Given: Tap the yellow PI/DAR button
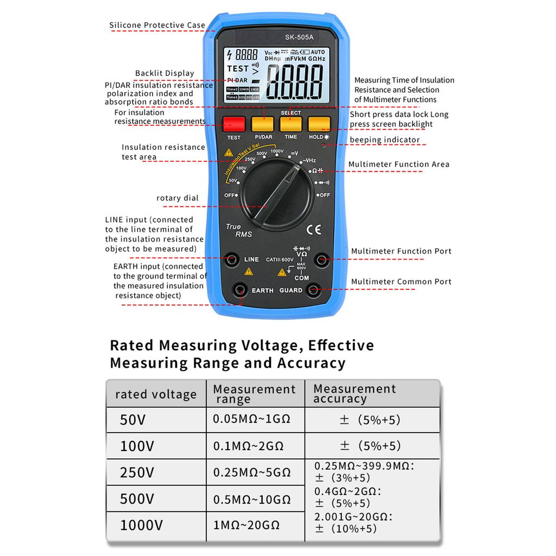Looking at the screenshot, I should pos(263,124).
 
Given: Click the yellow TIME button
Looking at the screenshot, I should pos(291,124).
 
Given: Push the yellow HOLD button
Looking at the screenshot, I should pos(319,124).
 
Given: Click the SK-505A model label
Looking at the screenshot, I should pos(300,37).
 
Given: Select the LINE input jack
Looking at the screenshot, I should pos(232,259).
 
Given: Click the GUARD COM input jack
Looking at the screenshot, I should pos(313,290).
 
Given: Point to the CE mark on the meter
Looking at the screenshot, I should pos(313,229).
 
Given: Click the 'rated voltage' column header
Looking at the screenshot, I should pos(156,394).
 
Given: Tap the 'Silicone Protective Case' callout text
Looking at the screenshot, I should pos(157,25).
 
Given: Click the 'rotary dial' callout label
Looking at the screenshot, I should pos(178,198).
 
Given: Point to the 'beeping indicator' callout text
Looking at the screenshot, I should pos(385,140).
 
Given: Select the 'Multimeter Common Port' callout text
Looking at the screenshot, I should pos(401,282).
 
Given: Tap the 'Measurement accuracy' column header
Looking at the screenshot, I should pos(355,394).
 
